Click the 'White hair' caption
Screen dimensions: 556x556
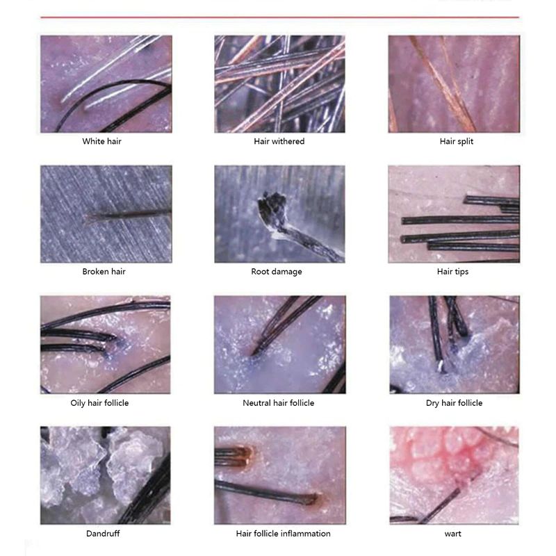pyautogui.click(x=101, y=141)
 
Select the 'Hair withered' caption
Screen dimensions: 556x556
pyautogui.click(x=279, y=141)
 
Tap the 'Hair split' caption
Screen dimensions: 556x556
pyautogui.click(x=457, y=141)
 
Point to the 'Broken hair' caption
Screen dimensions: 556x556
pyautogui.click(x=104, y=271)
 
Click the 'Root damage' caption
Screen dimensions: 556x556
pyautogui.click(x=277, y=272)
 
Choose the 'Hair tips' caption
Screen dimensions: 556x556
pyautogui.click(x=453, y=272)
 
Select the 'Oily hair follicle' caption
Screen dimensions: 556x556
pyautogui.click(x=99, y=403)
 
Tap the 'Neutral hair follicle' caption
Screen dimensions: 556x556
pyautogui.click(x=279, y=403)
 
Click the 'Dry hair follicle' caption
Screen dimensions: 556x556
pyautogui.click(x=455, y=403)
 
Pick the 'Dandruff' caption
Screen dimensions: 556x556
pyautogui.click(x=103, y=533)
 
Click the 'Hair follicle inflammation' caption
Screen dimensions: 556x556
pyautogui.click(x=284, y=533)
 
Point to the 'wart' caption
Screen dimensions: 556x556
pyautogui.click(x=453, y=534)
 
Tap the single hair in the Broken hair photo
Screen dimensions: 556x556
pyautogui.click(x=129, y=215)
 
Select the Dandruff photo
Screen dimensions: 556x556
pyautogui.click(x=106, y=475)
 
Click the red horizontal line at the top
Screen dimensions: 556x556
pyautogui.click(x=280, y=17)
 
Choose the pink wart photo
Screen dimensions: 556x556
pyautogui.click(x=455, y=475)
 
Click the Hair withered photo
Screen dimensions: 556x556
pyautogui.click(x=280, y=84)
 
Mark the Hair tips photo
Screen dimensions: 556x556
pyautogui.click(x=455, y=214)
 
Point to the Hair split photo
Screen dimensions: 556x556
pyautogui.click(x=455, y=84)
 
